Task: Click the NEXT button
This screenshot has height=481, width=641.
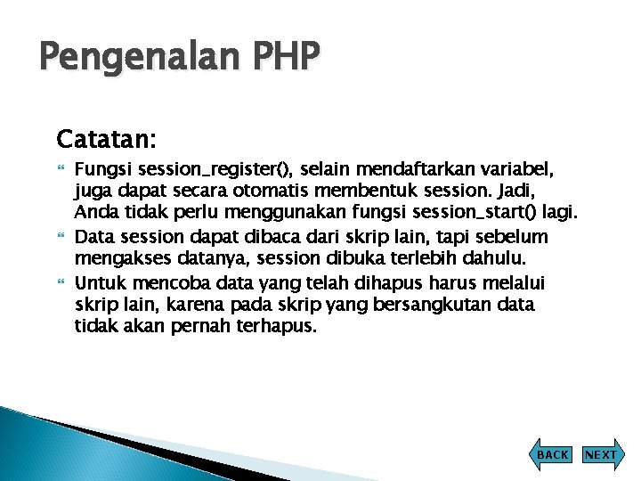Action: coord(600,454)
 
